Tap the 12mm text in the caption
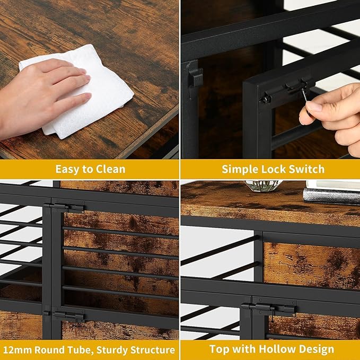click(x=17, y=350)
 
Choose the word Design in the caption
click(x=317, y=349)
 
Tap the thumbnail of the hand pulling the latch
click(x=270, y=79)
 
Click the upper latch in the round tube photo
click(x=64, y=207)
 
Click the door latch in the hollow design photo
click(x=269, y=308)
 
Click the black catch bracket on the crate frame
click(x=195, y=76)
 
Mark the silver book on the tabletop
click(x=331, y=196)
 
